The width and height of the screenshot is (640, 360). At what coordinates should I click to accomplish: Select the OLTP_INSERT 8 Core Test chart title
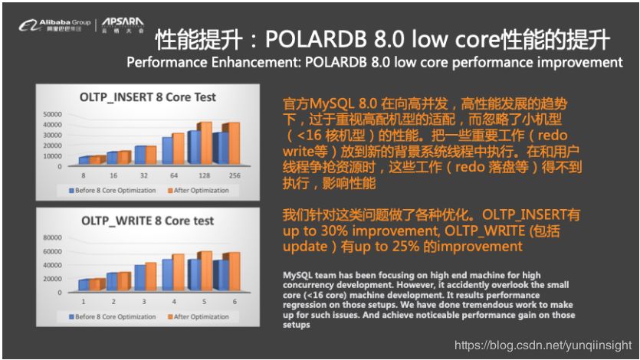[149, 97]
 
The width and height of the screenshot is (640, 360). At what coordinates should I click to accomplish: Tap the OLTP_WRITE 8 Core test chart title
[148, 221]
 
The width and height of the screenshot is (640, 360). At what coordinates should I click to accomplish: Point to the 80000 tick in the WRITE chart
[52, 237]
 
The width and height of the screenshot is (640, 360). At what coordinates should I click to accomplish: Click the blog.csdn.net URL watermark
[543, 345]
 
